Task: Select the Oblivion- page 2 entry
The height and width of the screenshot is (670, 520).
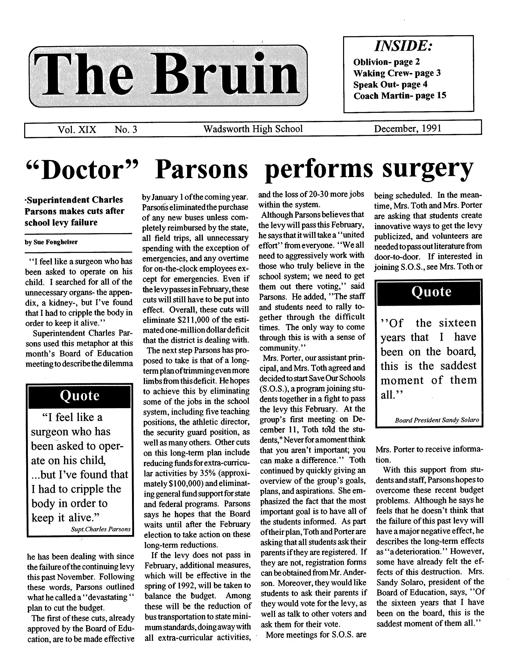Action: [386, 62]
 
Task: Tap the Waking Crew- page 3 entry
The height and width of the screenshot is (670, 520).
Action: [397, 73]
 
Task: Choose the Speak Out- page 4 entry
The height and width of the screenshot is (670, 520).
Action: [390, 84]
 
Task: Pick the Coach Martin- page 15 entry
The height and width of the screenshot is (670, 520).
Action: [400, 96]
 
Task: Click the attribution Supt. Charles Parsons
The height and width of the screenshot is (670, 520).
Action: [101, 529]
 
